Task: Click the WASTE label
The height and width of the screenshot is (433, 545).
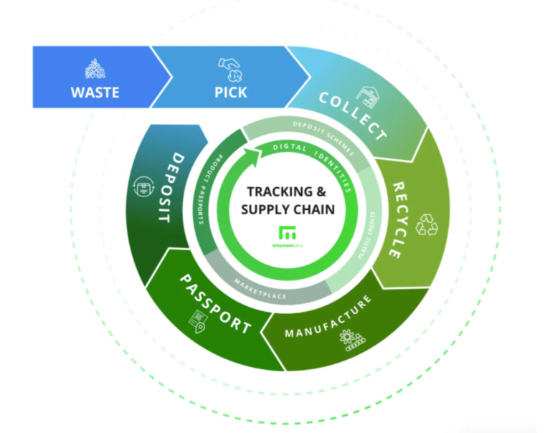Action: click(95, 92)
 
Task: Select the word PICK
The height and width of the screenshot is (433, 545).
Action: click(230, 92)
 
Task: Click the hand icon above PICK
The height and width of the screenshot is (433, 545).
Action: click(231, 70)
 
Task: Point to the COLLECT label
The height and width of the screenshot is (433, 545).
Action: click(351, 115)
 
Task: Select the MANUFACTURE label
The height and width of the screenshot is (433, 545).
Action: click(328, 318)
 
